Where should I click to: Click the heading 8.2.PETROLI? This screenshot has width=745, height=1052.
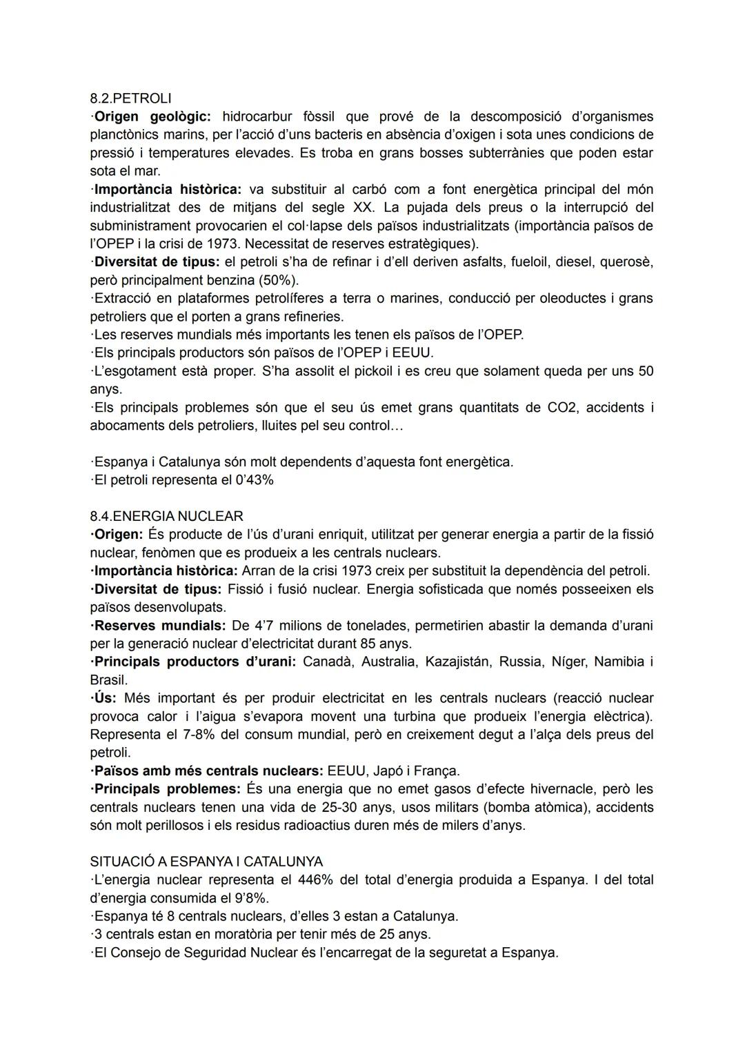[x=130, y=98]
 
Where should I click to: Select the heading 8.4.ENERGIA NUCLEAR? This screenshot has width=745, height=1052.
[x=166, y=516]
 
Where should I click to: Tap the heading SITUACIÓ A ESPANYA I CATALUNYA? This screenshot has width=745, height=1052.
[x=206, y=862]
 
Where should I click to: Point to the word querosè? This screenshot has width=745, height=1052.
[x=626, y=262]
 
